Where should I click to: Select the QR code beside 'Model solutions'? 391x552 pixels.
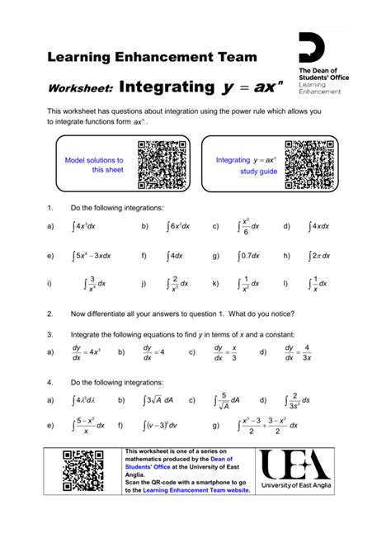(163, 164)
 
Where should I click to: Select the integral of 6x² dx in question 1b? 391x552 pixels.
(178, 225)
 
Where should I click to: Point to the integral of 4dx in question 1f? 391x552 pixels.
(176, 256)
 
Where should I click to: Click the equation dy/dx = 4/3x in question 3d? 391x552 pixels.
(297, 352)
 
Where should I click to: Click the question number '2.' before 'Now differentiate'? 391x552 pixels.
(50, 314)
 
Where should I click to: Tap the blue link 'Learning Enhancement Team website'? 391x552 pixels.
(196, 490)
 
